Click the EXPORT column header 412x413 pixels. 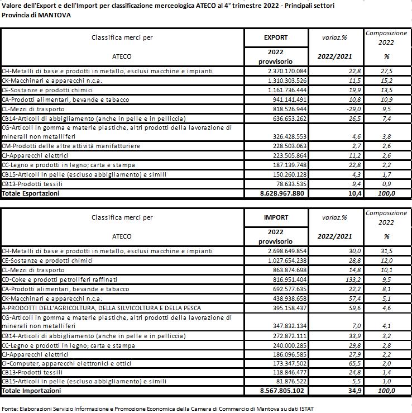(276, 37)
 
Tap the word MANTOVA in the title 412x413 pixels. (55, 15)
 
